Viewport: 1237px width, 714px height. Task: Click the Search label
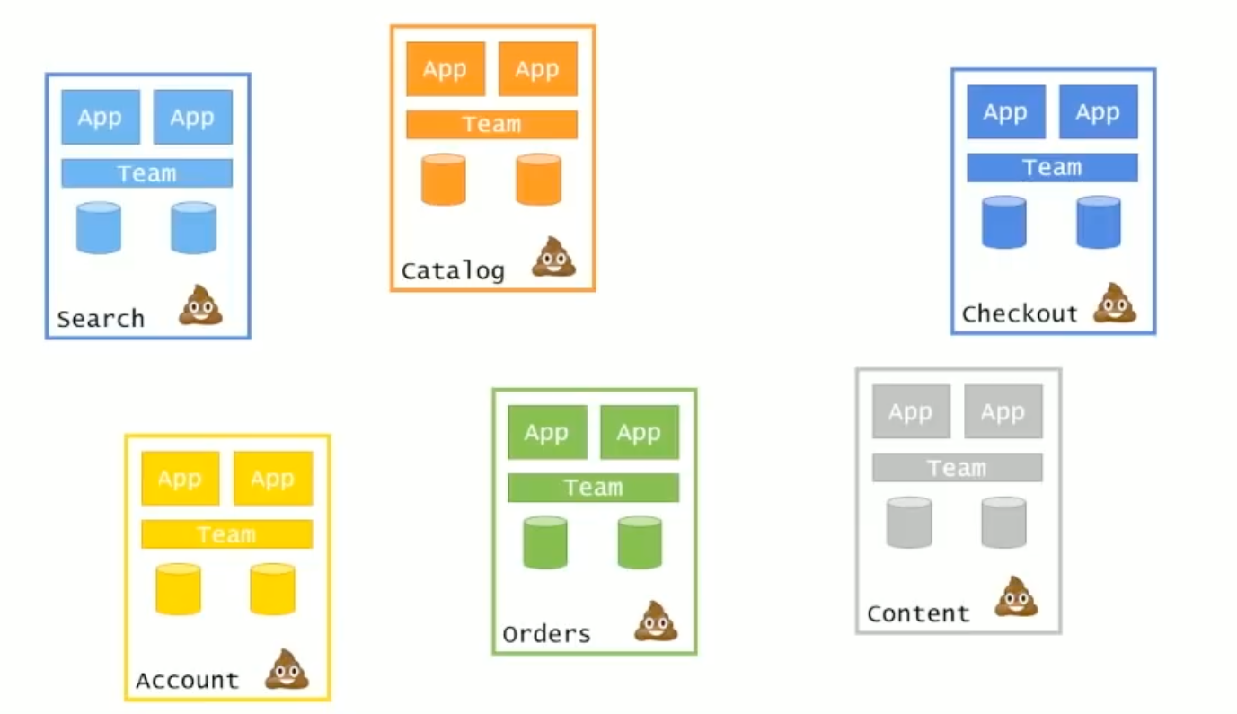[x=101, y=319]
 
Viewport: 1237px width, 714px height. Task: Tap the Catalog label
[x=453, y=270]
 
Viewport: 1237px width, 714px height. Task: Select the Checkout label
[x=1019, y=313]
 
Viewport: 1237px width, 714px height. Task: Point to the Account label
[x=188, y=681]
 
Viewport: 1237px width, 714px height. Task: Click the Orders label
[x=546, y=634]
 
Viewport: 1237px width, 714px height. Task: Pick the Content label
[x=918, y=613]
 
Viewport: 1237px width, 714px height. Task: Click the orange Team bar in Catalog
[x=491, y=124]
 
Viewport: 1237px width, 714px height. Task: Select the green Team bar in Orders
[x=593, y=488]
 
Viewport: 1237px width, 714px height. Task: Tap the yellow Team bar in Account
[x=226, y=534]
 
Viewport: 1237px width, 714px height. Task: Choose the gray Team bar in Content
[x=957, y=468]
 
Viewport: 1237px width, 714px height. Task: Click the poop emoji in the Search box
[x=201, y=305]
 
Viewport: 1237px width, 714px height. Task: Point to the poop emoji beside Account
[x=287, y=669]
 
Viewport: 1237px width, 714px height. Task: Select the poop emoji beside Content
[x=1016, y=597]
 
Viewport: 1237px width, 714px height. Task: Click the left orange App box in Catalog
[x=446, y=69]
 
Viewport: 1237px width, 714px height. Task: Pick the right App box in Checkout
[x=1098, y=112]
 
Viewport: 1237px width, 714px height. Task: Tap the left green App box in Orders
[x=547, y=432]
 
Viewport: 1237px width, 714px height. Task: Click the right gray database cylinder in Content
[x=1003, y=523]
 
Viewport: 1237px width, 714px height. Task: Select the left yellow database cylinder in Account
[x=178, y=589]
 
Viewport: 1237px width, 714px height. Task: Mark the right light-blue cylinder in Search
[x=194, y=228]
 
